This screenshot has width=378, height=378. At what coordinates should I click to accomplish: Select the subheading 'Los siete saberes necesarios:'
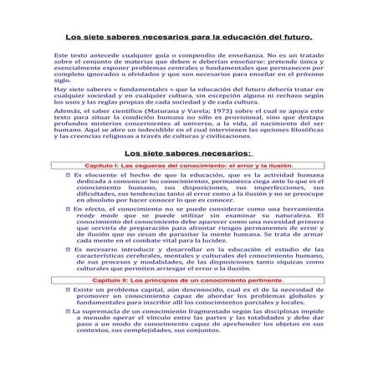187,152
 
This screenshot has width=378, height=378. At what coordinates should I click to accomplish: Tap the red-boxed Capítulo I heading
189,166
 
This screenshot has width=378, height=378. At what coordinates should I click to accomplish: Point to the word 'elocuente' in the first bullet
99,176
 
